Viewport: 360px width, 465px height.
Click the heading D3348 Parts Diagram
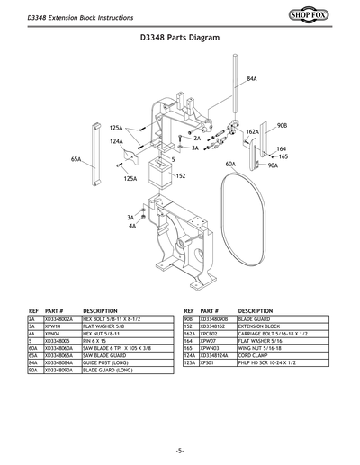pyautogui.click(x=180, y=39)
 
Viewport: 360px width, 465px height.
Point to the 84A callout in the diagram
pyautogui.click(x=252, y=80)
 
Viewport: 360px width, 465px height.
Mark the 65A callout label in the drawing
pyautogui.click(x=76, y=159)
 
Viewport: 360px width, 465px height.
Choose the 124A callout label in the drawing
pyautogui.click(x=116, y=141)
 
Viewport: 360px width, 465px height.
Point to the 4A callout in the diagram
pyautogui.click(x=132, y=226)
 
